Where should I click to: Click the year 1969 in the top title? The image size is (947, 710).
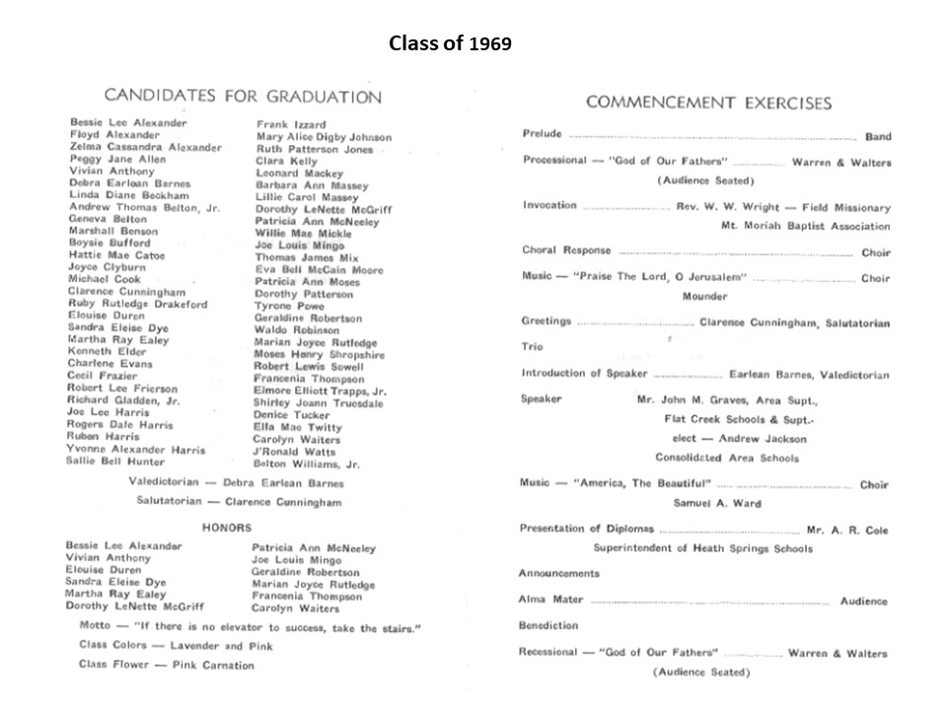(x=490, y=45)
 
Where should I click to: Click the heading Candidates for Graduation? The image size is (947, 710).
(x=243, y=97)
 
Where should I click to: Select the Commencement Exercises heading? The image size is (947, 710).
(x=708, y=103)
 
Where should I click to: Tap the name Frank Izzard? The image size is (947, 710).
(x=285, y=124)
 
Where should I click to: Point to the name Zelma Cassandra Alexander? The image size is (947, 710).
(x=145, y=147)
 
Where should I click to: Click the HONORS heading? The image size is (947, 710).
(x=227, y=528)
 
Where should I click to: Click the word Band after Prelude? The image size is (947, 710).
(x=877, y=137)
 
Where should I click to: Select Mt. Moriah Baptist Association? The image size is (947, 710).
(x=805, y=225)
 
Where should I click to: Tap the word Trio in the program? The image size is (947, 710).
(x=531, y=347)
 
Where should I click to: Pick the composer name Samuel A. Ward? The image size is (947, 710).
(x=716, y=503)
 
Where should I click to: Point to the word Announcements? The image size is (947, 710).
(x=558, y=573)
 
